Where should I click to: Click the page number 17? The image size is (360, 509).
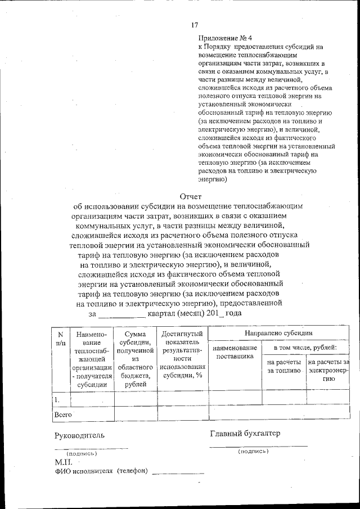tap(195, 25)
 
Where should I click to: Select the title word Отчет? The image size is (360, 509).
tap(190, 196)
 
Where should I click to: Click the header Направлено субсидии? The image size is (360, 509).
tap(278, 334)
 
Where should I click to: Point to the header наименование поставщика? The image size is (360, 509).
tap(235, 352)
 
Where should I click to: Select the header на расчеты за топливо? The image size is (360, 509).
tap(284, 367)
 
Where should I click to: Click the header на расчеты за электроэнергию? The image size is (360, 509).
tap(329, 371)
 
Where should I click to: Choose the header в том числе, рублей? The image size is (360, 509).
tap(305, 348)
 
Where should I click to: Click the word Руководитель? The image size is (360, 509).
tap(79, 435)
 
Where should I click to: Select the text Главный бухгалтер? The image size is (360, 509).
tap(245, 433)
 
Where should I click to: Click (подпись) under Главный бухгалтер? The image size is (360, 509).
tap(253, 451)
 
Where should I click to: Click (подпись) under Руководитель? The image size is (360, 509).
tap(82, 453)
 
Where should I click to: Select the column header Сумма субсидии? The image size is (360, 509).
tap(135, 359)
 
